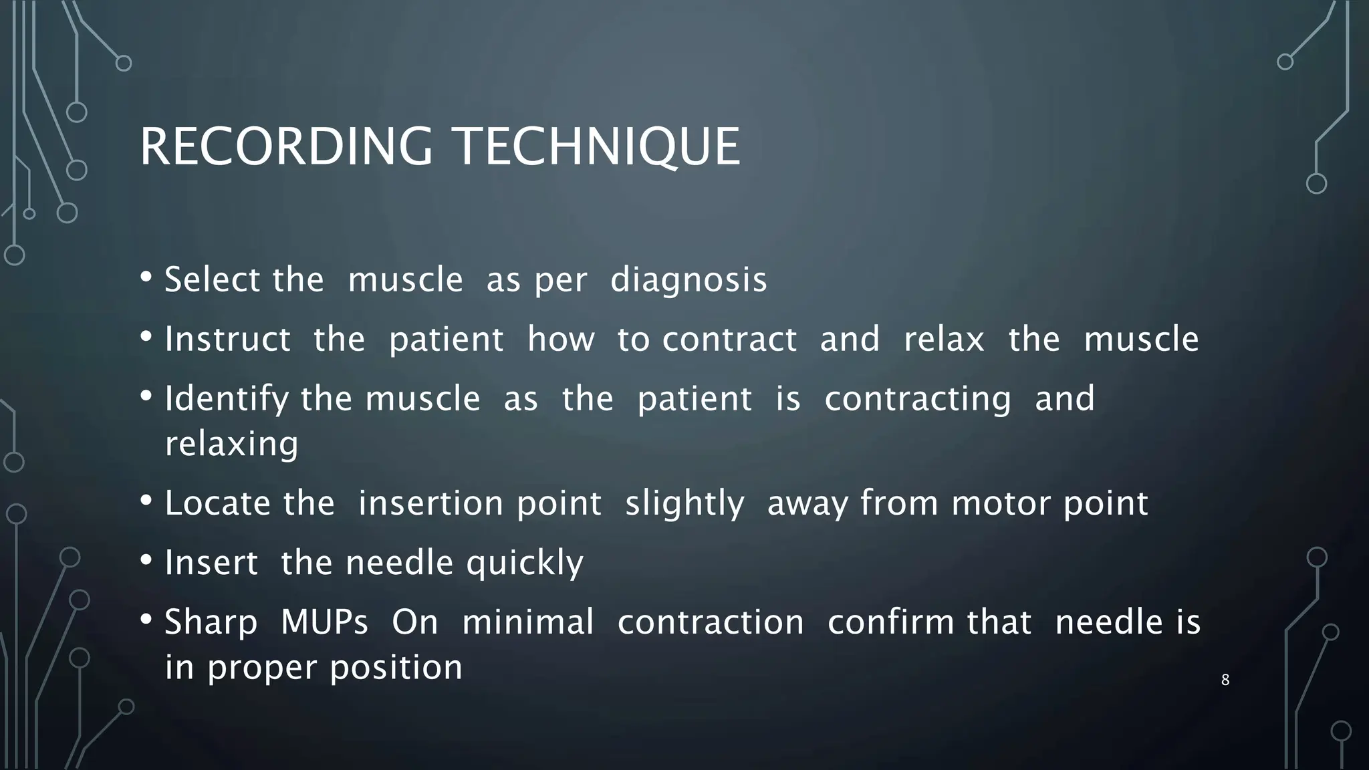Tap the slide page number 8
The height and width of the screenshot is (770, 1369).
(x=1225, y=680)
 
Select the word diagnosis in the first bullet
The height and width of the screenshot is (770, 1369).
(x=689, y=280)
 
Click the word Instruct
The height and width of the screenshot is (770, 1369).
(x=227, y=339)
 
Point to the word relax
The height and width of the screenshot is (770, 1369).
(x=943, y=339)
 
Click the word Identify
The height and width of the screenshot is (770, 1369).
(x=227, y=399)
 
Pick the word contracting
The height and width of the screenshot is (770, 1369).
(x=917, y=399)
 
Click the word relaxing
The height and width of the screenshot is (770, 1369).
(x=231, y=444)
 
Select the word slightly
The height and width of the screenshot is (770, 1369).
(x=684, y=503)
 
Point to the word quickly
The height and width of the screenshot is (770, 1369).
(x=524, y=563)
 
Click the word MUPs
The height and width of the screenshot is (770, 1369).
(x=324, y=622)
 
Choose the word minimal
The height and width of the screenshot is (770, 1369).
(x=527, y=622)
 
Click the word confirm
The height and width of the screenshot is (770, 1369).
(x=884, y=622)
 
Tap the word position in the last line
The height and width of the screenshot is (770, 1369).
(x=396, y=668)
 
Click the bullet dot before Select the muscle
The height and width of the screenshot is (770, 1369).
(x=146, y=277)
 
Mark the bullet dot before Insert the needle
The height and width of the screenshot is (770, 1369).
(x=146, y=560)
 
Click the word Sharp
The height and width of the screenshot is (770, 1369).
(x=211, y=622)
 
